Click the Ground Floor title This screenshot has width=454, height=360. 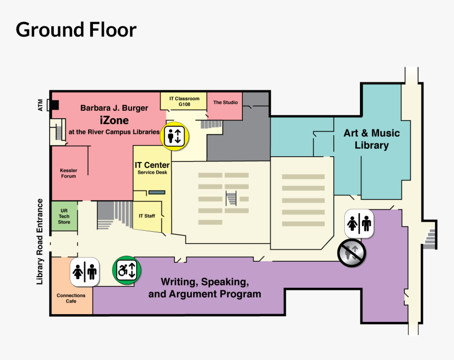pos(76,30)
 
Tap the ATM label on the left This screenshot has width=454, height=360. pos(41,105)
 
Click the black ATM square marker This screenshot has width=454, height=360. pos(54,105)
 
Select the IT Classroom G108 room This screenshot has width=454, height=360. pos(184,101)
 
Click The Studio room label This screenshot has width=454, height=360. pos(225,102)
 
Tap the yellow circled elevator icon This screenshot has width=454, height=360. pos(175,136)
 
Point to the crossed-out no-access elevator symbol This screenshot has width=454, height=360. pos(352,251)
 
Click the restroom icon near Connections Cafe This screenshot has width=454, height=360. pos(85,272)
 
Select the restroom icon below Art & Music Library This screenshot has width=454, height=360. pos(359,223)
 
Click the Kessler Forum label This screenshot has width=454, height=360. pos(69,173)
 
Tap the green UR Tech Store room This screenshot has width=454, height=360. pos(64,216)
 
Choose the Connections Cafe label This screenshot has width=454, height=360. pos(71,298)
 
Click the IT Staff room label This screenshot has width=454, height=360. pos(147,216)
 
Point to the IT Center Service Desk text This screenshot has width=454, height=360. pos(152,168)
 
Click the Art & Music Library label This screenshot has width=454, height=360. pos(372,139)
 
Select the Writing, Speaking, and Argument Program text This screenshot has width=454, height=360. pos(205,288)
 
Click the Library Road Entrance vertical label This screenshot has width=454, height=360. pos(40,242)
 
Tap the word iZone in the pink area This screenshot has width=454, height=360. pos(114,120)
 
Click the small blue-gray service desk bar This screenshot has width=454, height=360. pos(157,192)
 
